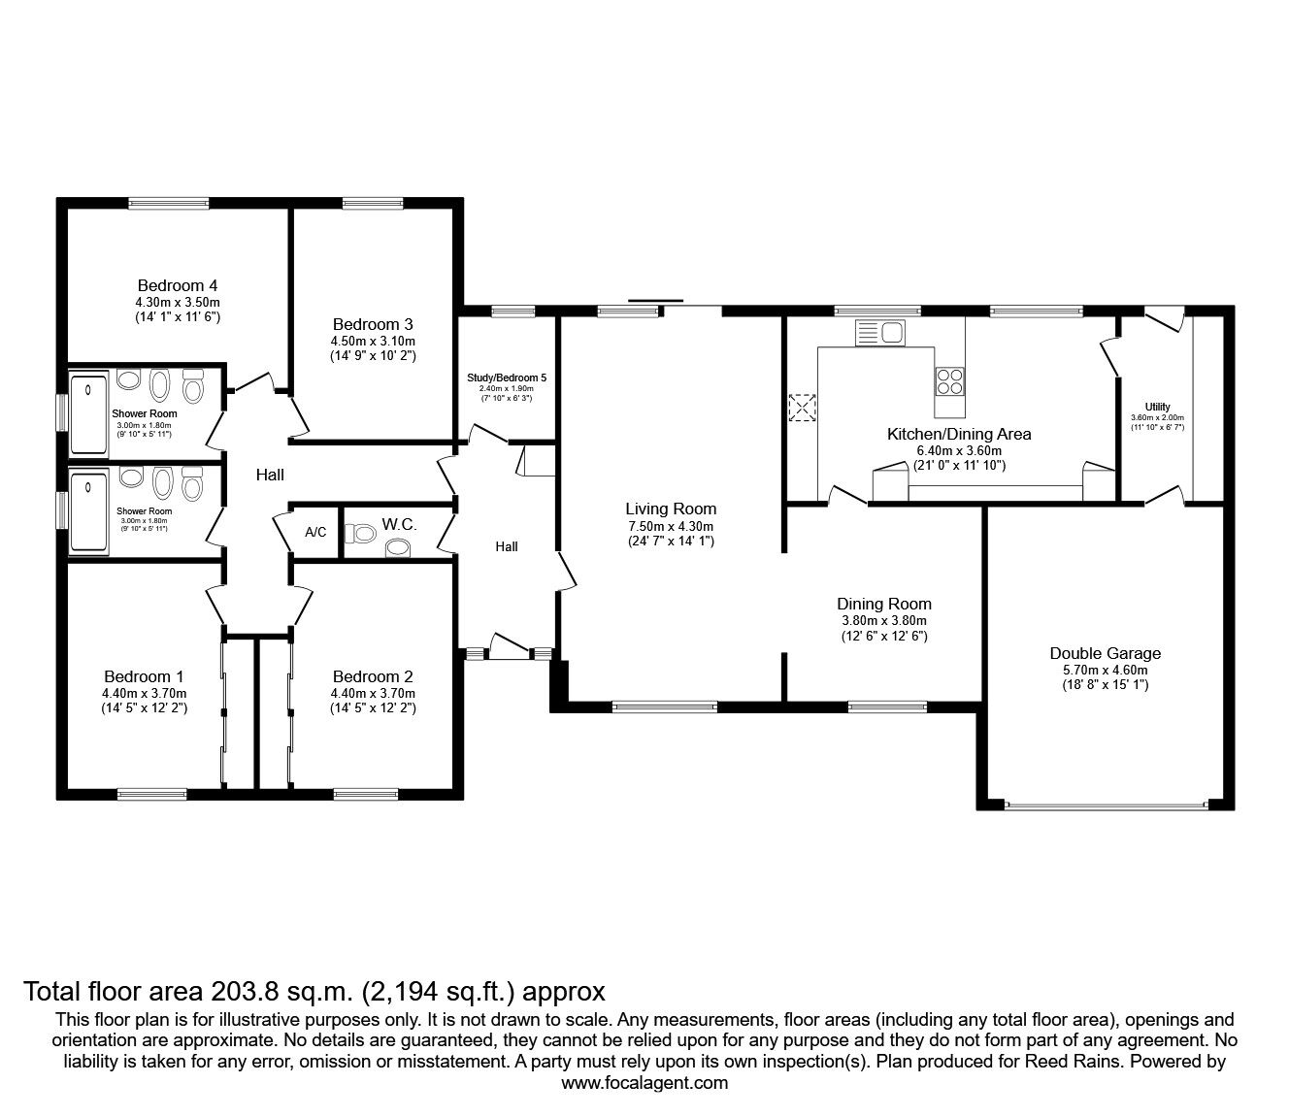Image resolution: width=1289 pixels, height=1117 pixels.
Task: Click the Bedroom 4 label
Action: pos(177,285)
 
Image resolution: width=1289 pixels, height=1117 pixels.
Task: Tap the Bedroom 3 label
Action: pos(373,324)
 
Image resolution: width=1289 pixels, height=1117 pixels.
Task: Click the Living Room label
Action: pos(671,509)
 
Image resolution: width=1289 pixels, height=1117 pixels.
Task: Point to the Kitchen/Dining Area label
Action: pos(959,434)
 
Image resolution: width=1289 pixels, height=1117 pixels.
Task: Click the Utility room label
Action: pos(1157,407)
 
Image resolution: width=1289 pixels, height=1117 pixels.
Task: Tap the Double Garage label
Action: pos(1105,653)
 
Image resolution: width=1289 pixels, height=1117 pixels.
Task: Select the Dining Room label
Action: pos(883,604)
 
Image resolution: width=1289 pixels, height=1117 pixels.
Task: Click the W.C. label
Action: pos(399,524)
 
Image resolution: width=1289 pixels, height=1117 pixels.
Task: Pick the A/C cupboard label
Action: pos(315,533)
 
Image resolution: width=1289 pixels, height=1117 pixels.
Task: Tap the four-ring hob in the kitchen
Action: pos(950,381)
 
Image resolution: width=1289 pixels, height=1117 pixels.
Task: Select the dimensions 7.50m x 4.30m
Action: pos(671,525)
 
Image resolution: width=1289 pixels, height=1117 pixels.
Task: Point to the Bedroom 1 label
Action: pos(144,676)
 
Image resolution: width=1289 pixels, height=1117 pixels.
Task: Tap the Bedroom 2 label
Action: pos(373,676)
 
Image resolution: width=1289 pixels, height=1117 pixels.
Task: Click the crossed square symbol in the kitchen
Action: pos(803,409)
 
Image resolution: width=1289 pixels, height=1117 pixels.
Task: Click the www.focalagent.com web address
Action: pos(644,1082)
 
